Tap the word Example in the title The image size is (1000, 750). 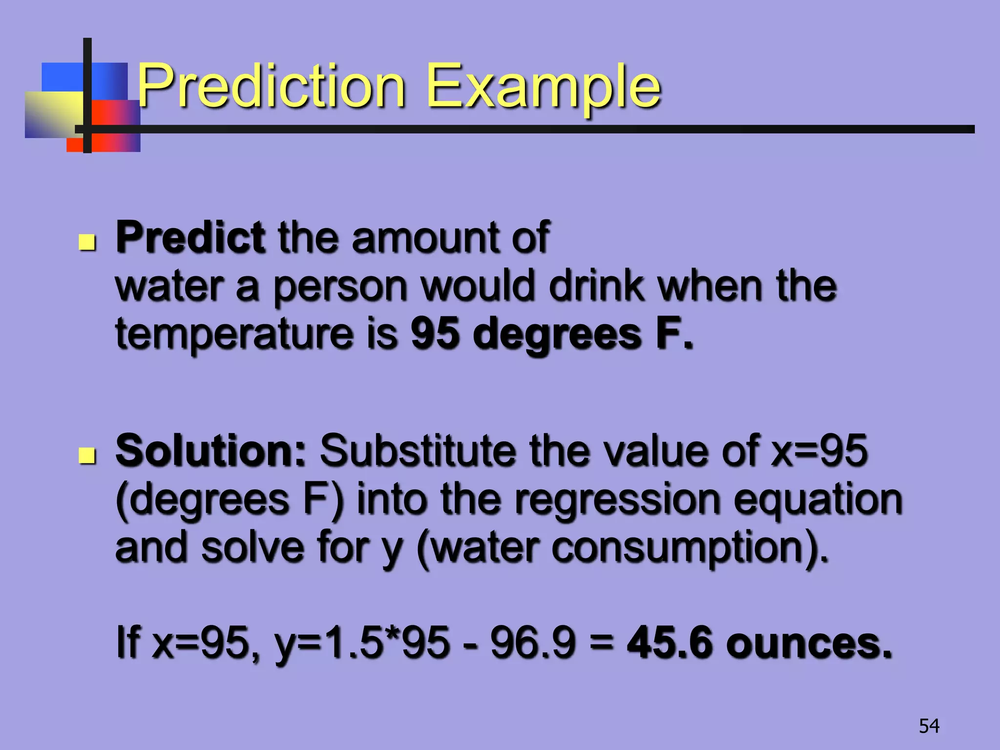(543, 87)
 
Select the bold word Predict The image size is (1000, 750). (190, 237)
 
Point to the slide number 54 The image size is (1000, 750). (929, 726)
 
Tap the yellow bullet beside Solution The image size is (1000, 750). (87, 456)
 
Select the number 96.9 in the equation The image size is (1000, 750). (533, 642)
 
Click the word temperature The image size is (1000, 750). (234, 335)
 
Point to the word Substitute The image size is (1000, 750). (417, 450)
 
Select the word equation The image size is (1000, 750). (818, 501)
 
